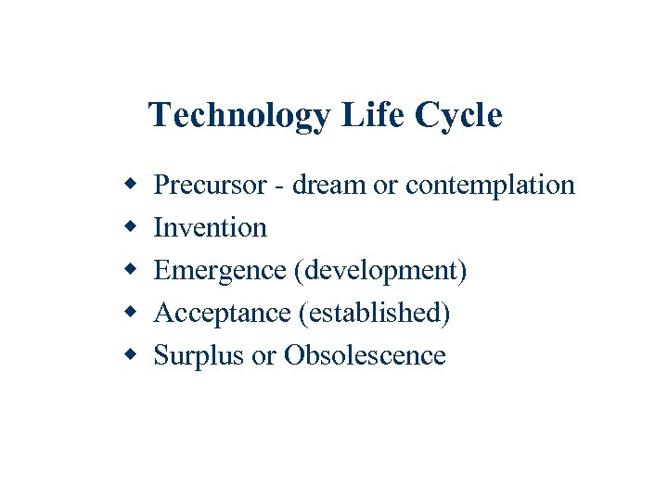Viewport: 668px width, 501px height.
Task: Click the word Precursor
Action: (x=211, y=186)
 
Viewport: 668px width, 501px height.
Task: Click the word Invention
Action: (x=210, y=228)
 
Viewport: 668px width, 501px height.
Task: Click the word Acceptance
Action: (x=222, y=314)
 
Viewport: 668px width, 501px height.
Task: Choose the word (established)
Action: (x=375, y=314)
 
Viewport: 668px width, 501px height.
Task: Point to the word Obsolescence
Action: (x=365, y=356)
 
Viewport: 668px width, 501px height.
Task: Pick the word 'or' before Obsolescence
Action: (x=263, y=356)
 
